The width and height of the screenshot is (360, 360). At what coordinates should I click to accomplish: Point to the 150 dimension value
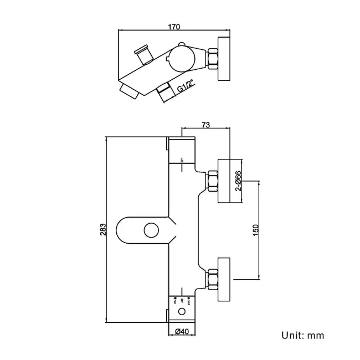pyautogui.click(x=255, y=230)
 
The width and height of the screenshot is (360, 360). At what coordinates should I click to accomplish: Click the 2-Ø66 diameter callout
pyautogui.click(x=238, y=180)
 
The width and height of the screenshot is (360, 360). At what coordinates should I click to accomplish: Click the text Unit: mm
pyautogui.click(x=302, y=336)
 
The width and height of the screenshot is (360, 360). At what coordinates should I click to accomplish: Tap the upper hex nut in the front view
pyautogui.click(x=213, y=181)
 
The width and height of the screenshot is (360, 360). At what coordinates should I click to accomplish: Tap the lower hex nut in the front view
pyautogui.click(x=213, y=279)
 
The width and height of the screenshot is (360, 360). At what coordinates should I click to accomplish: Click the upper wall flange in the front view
pyautogui.click(x=225, y=181)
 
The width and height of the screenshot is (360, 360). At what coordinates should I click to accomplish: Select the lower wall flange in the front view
pyautogui.click(x=225, y=279)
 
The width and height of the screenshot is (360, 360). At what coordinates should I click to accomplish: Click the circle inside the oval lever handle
pyautogui.click(x=148, y=229)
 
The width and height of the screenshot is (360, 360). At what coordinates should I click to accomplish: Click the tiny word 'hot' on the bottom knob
pyautogui.click(x=176, y=301)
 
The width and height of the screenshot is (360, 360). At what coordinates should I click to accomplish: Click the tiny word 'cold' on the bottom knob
pyautogui.click(x=189, y=301)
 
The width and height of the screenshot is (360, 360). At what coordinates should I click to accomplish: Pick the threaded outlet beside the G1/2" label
pyautogui.click(x=165, y=93)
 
